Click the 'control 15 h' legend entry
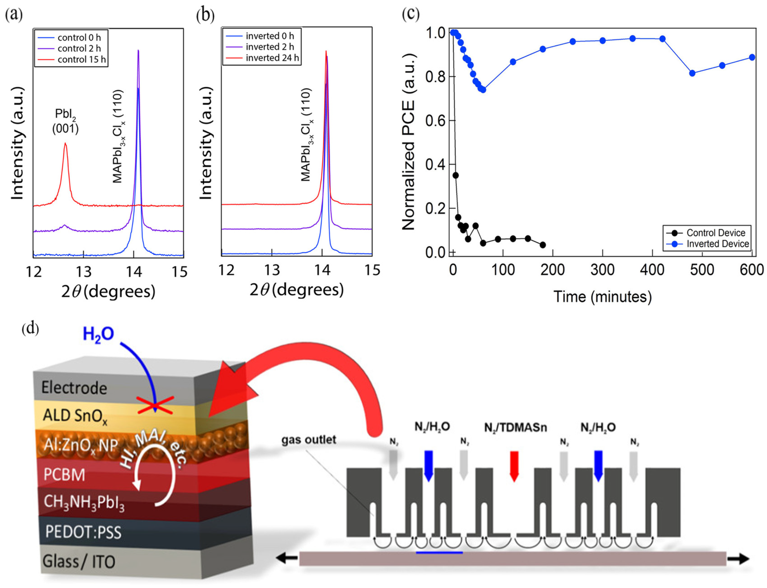(81, 60)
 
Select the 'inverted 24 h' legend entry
(272, 58)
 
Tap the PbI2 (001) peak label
(65, 121)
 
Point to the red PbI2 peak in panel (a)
(65, 144)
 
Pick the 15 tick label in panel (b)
(372, 270)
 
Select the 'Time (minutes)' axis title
(602, 297)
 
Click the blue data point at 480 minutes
(692, 73)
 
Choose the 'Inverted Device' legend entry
(717, 244)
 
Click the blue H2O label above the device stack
(98, 334)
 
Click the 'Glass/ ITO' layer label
(79, 562)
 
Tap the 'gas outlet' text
(309, 440)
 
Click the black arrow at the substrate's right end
(738, 559)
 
